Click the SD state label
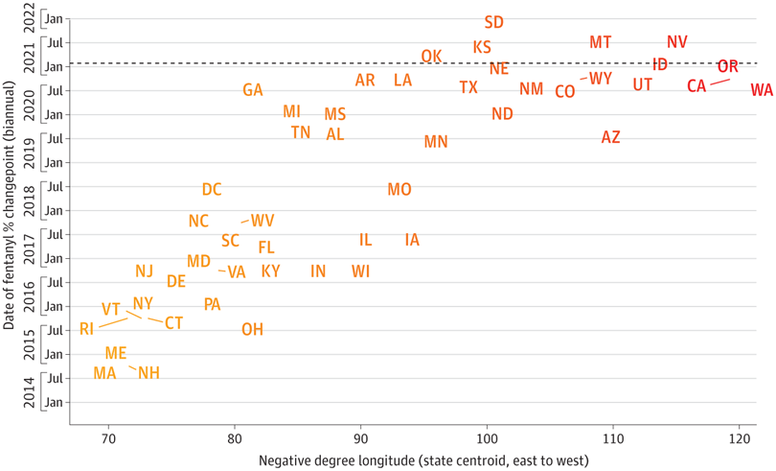tap(494, 22)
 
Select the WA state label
tap(762, 90)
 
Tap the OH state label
tap(252, 329)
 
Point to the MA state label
tap(105, 372)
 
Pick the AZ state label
tap(610, 137)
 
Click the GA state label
tap(252, 90)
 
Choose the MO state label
tap(399, 189)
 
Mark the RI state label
tap(87, 329)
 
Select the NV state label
tap(677, 42)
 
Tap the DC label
tap(212, 190)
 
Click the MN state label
tap(436, 142)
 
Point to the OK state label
tap(431, 56)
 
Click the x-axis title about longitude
tap(423, 459)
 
